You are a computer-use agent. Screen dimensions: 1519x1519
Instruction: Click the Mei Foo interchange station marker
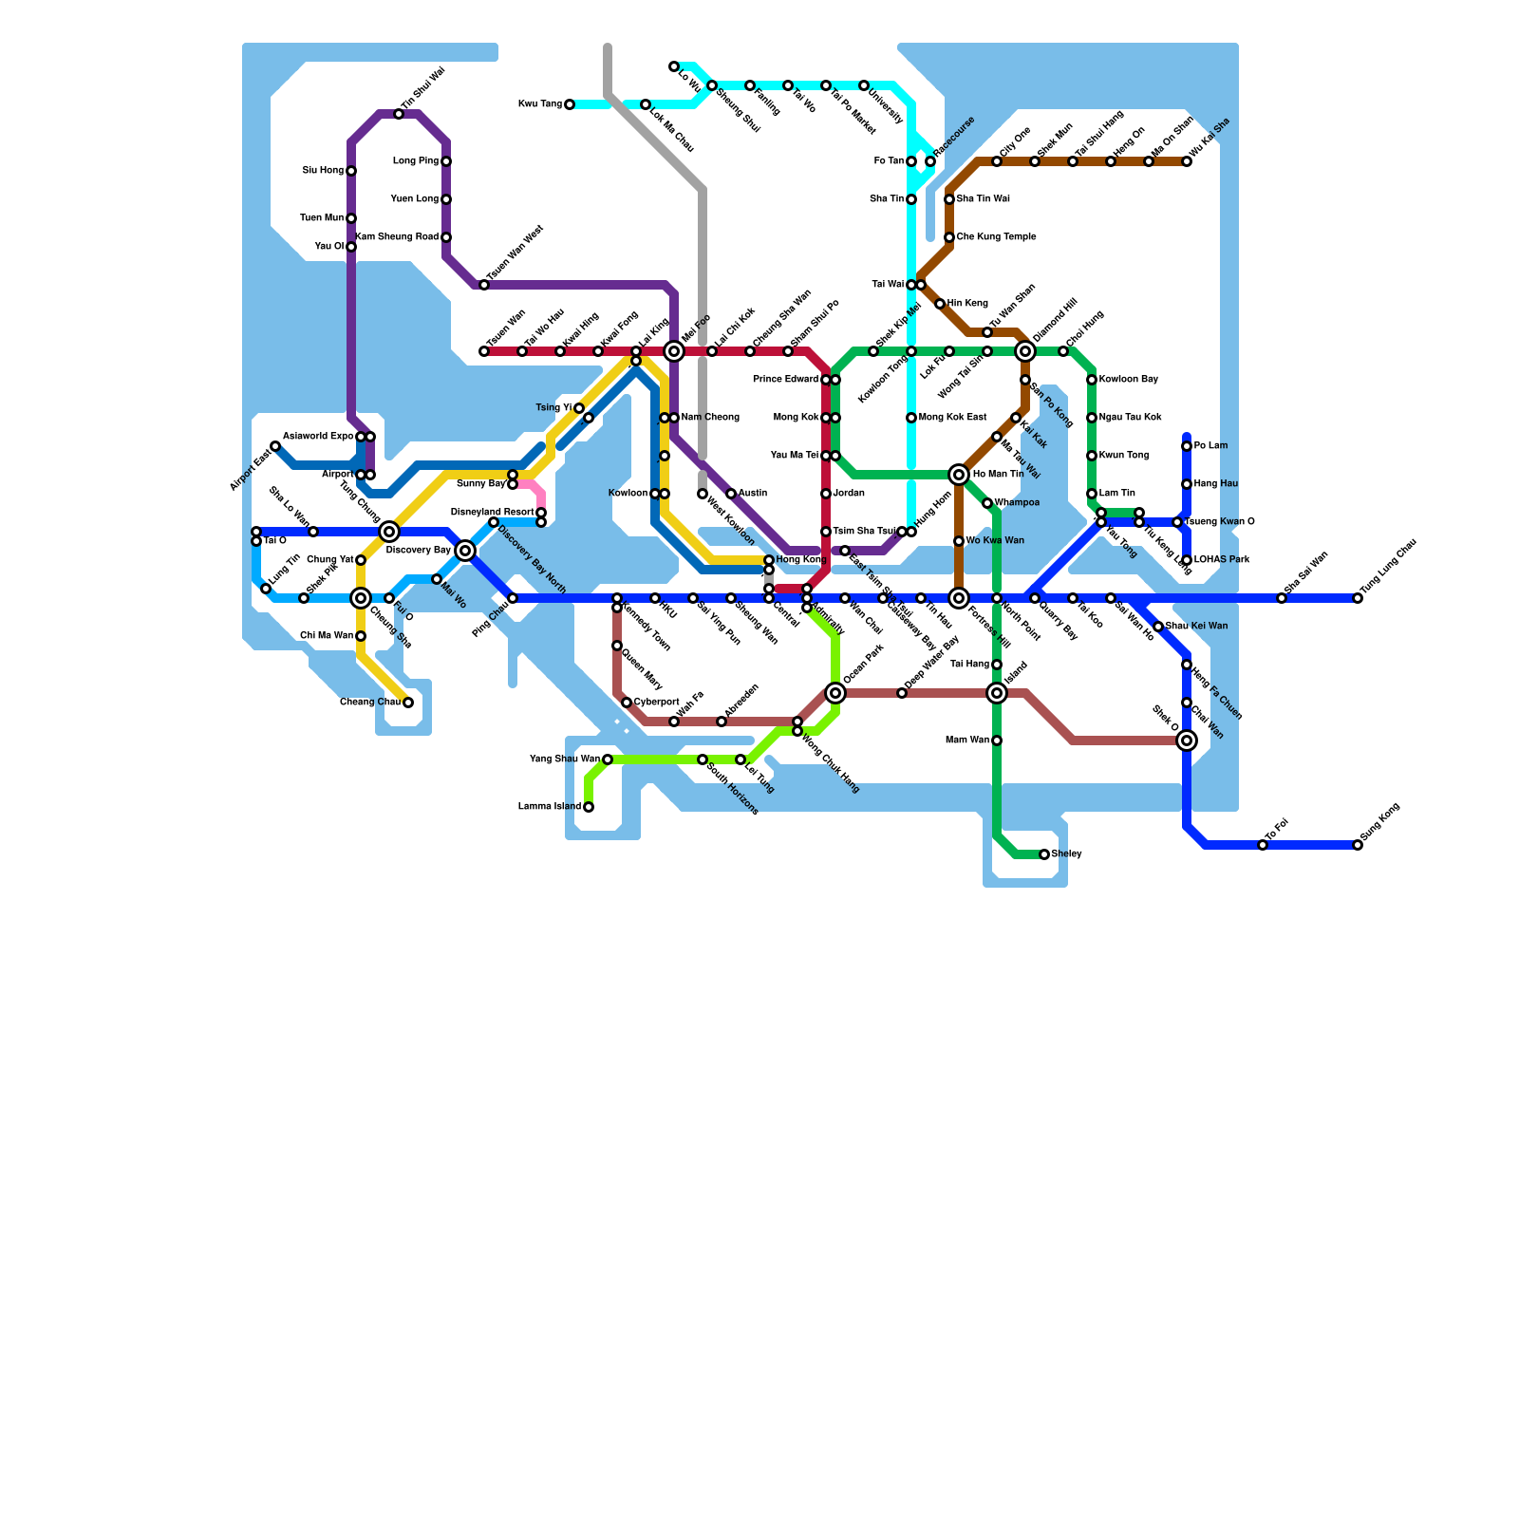pos(674,351)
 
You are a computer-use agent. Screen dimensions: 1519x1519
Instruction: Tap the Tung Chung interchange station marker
pos(389,532)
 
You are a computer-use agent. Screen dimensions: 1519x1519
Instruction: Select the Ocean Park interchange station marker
pos(835,693)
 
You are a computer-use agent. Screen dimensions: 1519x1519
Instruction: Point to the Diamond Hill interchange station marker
pos(1025,351)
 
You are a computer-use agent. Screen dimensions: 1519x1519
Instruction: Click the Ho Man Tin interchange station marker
pos(959,475)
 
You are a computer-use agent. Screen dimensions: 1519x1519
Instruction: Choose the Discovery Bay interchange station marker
pos(465,551)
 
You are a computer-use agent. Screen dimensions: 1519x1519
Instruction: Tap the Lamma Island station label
pos(550,807)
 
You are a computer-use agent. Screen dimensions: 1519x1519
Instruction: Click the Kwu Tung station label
pos(539,104)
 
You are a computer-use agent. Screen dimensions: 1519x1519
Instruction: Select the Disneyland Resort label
pos(492,513)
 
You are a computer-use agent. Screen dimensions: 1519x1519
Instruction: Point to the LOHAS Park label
pos(1222,560)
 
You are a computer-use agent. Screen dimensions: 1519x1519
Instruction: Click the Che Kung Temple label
pos(996,237)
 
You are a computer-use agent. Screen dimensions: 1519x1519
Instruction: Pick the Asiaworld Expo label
pos(318,437)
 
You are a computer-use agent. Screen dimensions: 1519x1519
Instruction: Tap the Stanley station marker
pos(1044,854)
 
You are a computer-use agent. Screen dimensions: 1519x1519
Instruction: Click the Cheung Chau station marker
pos(408,703)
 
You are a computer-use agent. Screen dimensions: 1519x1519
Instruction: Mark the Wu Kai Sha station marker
pos(1187,161)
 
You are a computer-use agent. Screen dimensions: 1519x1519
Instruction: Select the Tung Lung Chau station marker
pos(1358,598)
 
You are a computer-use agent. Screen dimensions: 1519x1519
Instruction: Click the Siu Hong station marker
pos(351,171)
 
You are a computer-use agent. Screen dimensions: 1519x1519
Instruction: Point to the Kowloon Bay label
pos(1129,380)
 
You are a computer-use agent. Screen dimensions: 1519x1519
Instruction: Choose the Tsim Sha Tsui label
pos(864,532)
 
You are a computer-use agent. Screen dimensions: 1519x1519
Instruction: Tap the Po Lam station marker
pos(1187,446)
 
